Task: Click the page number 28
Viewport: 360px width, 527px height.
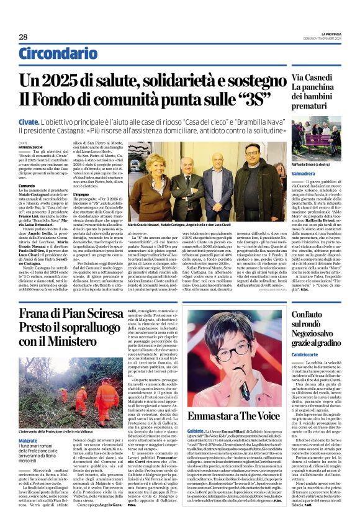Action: click(x=22, y=37)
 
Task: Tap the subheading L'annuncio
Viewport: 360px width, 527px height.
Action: click(x=27, y=185)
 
